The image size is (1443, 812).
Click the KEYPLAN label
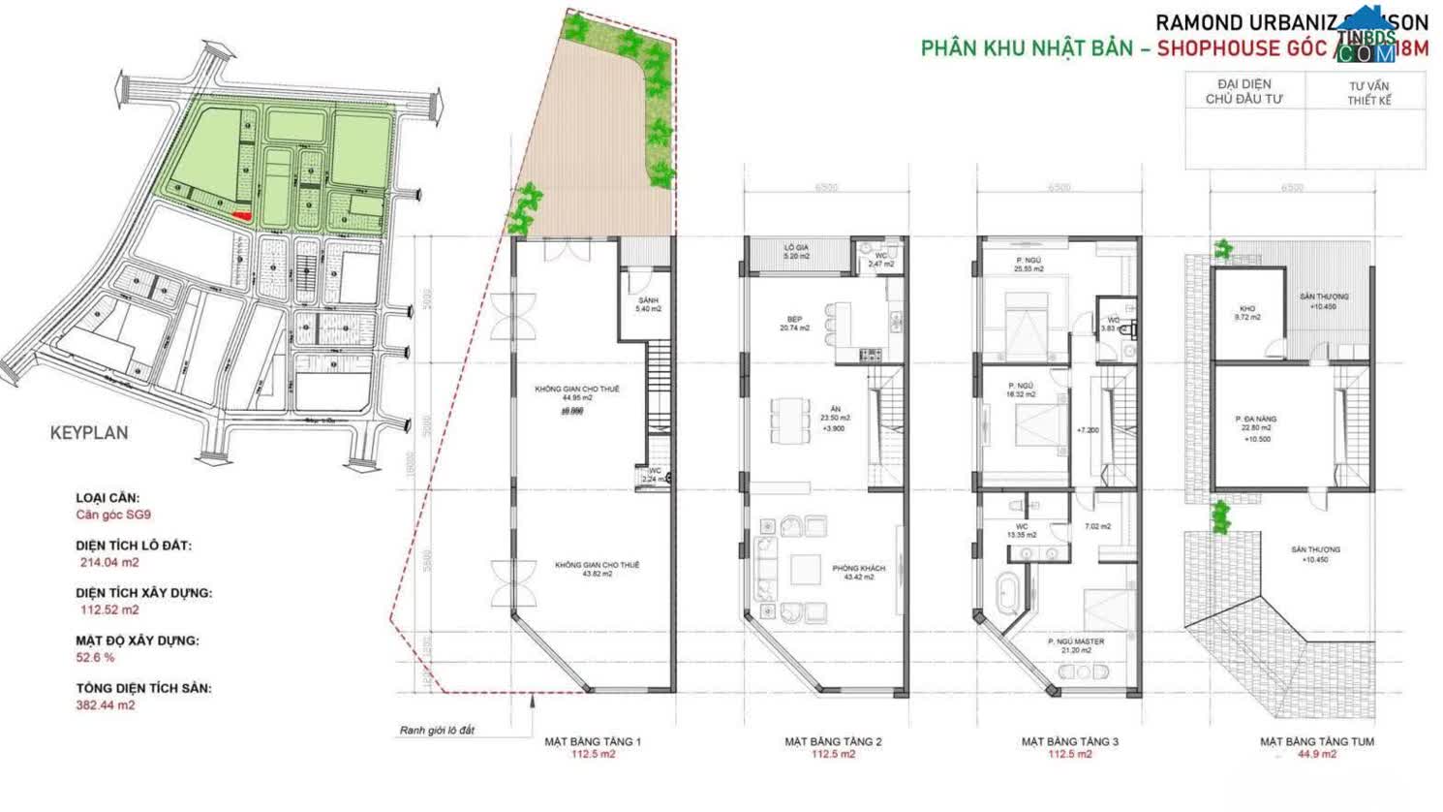click(89, 433)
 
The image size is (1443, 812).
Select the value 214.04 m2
click(108, 562)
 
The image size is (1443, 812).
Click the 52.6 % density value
click(96, 657)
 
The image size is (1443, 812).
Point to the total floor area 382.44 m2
click(106, 704)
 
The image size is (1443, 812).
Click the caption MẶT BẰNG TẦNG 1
click(592, 741)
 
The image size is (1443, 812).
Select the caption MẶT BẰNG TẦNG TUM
click(1316, 741)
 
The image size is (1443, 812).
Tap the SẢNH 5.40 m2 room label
click(647, 304)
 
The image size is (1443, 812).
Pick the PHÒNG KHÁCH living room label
click(858, 572)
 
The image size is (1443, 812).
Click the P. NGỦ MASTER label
click(1075, 645)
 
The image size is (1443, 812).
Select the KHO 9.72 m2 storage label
click(1247, 313)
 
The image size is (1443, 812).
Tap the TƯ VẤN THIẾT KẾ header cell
click(1368, 93)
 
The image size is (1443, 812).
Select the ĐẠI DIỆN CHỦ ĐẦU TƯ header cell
click(1244, 92)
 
